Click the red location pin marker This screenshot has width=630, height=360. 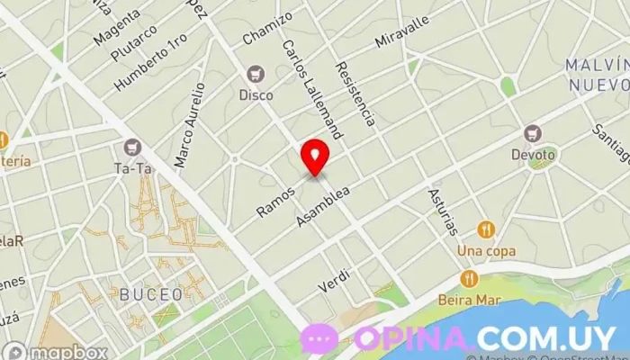point(315,156)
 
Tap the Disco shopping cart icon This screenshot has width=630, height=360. point(256,73)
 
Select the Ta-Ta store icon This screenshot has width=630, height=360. point(134,147)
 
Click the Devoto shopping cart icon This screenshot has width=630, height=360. point(533,133)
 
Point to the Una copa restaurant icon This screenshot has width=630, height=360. point(486,229)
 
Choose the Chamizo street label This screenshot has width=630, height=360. point(267,28)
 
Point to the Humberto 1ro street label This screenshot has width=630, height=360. point(151,61)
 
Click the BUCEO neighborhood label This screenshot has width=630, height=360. point(151,294)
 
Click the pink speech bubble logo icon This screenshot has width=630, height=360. point(319,338)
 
